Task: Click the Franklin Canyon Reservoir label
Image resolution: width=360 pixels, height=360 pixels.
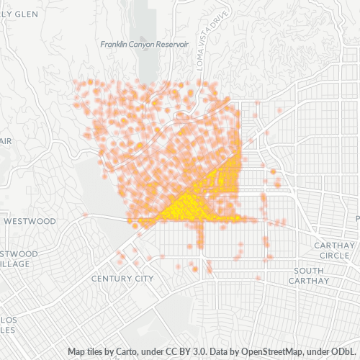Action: point(144,45)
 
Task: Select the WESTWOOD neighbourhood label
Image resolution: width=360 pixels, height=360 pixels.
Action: point(30,221)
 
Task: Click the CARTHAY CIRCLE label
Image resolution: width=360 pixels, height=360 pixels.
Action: point(336,251)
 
